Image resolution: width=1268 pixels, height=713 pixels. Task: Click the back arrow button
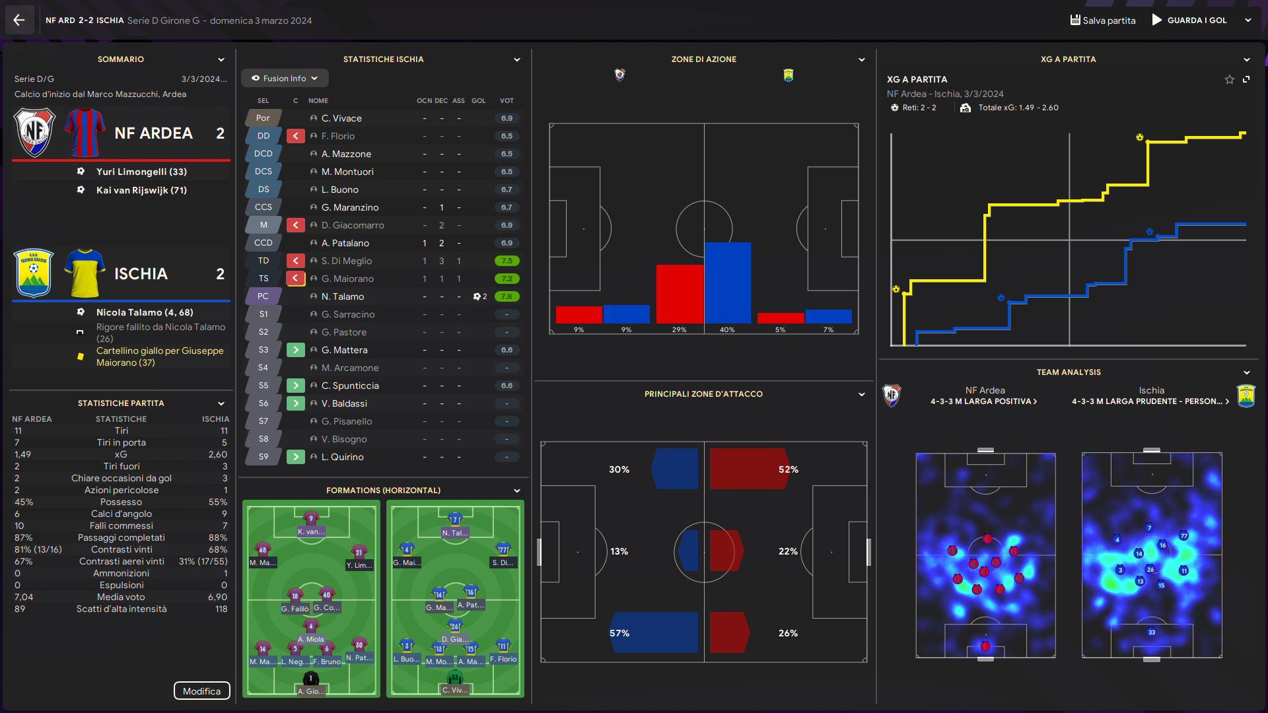click(18, 20)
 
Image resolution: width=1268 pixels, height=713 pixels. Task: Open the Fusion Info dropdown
click(285, 78)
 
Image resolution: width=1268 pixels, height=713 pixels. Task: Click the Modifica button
click(201, 691)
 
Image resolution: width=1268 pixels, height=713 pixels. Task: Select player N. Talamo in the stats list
click(343, 296)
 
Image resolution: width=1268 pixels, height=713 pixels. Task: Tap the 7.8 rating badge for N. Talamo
click(507, 296)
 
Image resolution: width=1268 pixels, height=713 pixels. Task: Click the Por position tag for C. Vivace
click(263, 118)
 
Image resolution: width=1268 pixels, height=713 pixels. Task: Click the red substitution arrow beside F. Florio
click(295, 136)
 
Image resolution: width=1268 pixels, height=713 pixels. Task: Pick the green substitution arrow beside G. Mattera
click(295, 350)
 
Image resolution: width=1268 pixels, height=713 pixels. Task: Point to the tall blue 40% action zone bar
click(727, 282)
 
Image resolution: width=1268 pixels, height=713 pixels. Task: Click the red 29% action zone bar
click(680, 294)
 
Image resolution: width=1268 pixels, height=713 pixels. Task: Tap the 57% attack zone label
click(619, 633)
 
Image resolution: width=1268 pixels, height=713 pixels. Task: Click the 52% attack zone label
click(789, 469)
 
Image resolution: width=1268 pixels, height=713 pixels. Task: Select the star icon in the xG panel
click(1229, 79)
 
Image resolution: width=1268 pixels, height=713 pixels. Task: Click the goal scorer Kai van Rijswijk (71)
click(141, 190)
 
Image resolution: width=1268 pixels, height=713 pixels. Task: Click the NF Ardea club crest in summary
click(34, 133)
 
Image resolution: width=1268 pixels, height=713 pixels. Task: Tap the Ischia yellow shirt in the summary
click(85, 273)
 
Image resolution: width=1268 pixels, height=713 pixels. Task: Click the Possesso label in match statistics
click(121, 502)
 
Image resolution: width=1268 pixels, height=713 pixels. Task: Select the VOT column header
click(507, 100)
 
